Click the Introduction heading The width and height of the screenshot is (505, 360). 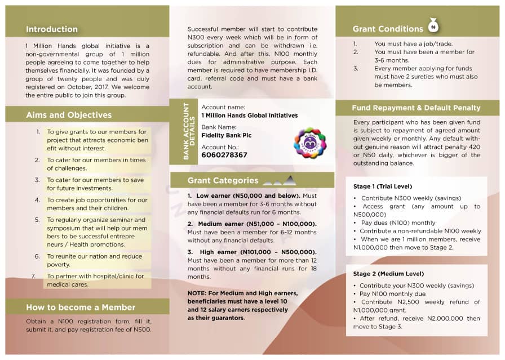click(x=52, y=29)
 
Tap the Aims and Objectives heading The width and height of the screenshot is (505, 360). click(x=69, y=115)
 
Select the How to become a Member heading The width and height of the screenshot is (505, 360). click(x=81, y=307)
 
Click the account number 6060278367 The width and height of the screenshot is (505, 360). click(x=224, y=155)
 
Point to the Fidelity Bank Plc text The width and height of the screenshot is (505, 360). click(x=227, y=135)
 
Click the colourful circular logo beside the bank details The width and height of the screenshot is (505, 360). click(x=310, y=143)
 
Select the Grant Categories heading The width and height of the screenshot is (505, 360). click(x=223, y=181)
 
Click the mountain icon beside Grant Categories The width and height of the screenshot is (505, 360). click(x=281, y=181)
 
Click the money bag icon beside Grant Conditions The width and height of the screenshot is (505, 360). click(x=433, y=25)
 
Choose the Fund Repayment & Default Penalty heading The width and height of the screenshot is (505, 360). click(x=416, y=108)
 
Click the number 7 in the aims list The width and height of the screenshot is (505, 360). click(x=33, y=276)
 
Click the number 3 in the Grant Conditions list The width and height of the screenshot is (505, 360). click(x=356, y=69)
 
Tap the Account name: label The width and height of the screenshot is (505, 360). click(x=223, y=107)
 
